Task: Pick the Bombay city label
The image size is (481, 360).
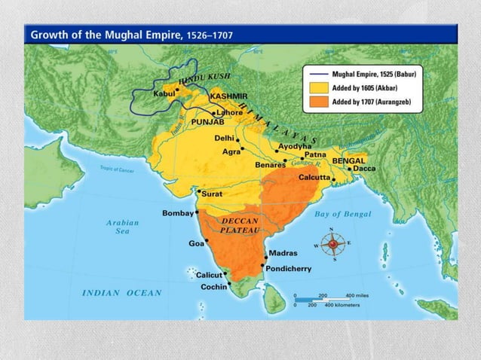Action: point(178,213)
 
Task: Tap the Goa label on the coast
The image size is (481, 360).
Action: point(196,244)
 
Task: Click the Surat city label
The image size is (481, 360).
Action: point(210,193)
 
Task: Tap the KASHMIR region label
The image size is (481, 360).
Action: point(228,97)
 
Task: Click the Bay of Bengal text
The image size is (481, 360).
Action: point(342,214)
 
